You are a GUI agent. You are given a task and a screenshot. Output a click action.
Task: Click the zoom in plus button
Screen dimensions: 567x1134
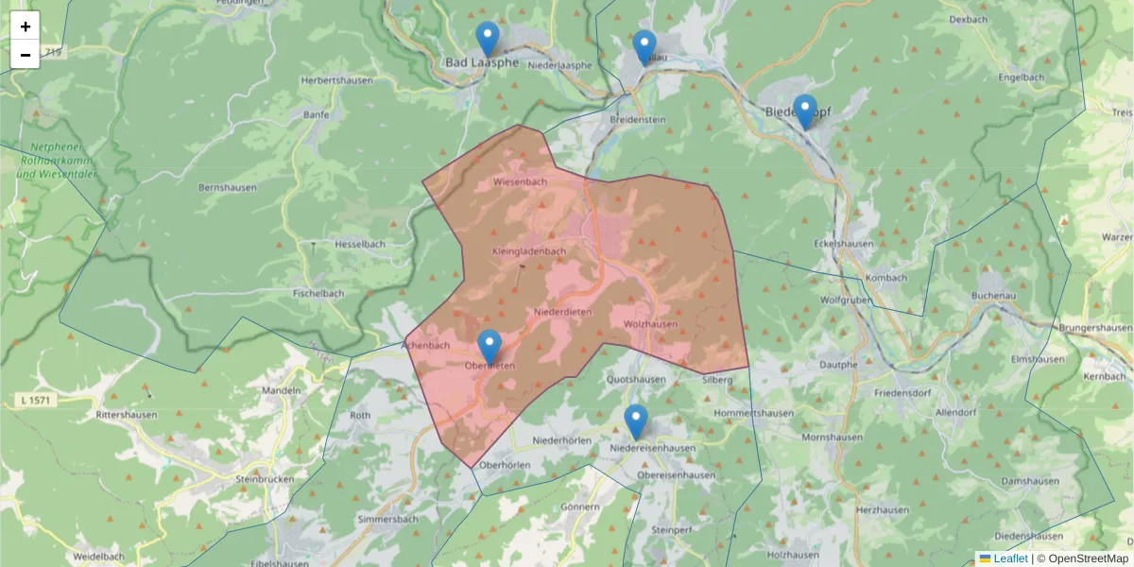26,26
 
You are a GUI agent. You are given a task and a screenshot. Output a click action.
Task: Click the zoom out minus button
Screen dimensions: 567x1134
26,55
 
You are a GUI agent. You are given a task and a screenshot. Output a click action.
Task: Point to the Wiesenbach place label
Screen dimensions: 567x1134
520,181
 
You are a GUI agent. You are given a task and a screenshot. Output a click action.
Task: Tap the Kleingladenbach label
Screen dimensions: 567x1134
528,251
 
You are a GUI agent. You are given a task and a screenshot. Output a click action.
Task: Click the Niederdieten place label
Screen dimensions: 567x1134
562,312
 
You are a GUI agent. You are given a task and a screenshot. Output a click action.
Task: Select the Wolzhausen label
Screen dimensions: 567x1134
650,324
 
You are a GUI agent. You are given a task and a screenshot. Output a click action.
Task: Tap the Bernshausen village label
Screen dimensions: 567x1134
227,187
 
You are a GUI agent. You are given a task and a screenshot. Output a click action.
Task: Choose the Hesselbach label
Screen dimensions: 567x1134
360,244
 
